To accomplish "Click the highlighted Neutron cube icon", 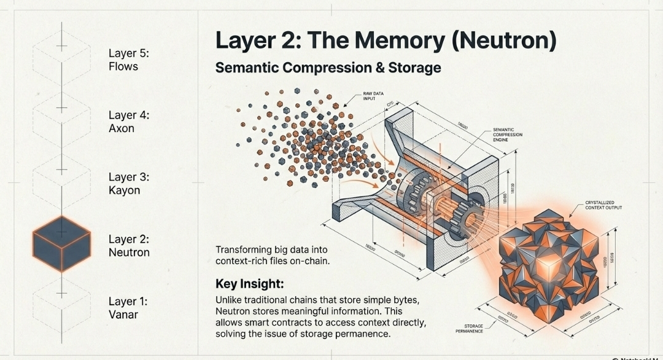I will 61,245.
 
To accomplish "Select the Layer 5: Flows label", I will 128,60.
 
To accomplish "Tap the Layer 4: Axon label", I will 130,122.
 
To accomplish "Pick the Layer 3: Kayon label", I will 129,184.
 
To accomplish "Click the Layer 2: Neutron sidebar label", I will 129,246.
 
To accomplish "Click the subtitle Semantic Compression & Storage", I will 328,68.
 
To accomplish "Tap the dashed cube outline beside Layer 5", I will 61,47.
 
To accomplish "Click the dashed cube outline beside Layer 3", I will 61,171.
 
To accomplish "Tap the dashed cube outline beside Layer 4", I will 61,109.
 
